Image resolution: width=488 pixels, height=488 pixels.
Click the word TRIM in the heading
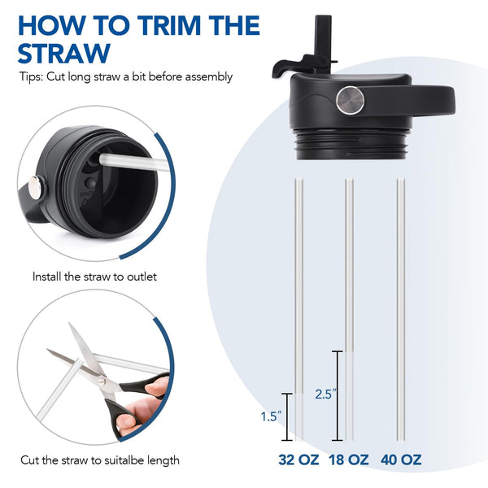coord(170,25)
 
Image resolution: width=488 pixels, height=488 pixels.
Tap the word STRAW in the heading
coord(64,53)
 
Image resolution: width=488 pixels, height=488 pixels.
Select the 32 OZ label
coord(298,460)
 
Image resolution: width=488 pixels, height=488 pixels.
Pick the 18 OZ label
coord(349,460)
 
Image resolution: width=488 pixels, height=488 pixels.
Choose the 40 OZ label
coord(401,460)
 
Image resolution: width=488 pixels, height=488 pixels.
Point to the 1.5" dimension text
coord(271,416)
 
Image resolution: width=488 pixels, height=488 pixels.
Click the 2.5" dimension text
coord(325,394)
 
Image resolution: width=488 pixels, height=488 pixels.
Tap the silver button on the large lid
coord(350,100)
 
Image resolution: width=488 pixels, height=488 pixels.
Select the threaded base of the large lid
coord(351,144)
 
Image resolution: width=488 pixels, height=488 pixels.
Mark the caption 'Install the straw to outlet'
coord(94,277)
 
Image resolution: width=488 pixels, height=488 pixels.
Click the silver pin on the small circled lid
coord(37,187)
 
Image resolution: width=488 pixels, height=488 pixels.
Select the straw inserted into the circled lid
coord(134,163)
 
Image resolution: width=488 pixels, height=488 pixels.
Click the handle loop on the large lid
coord(410,100)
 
